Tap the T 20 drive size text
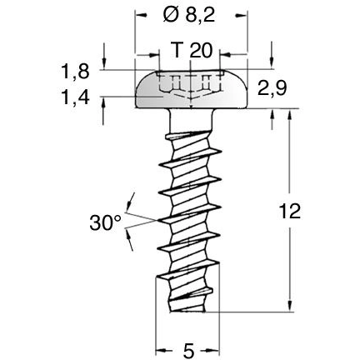192,50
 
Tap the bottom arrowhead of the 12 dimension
289,307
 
